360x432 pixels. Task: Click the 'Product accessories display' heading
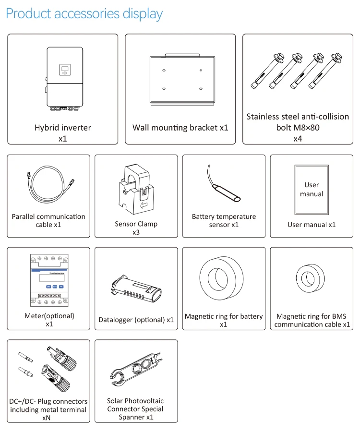point(84,13)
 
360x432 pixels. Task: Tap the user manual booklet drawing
point(312,189)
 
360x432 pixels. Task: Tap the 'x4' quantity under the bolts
point(298,139)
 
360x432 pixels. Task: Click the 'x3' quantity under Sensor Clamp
point(136,232)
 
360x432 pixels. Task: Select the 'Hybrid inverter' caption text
point(62,128)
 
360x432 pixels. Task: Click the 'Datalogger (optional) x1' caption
point(136,320)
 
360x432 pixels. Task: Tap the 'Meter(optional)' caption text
point(49,316)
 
